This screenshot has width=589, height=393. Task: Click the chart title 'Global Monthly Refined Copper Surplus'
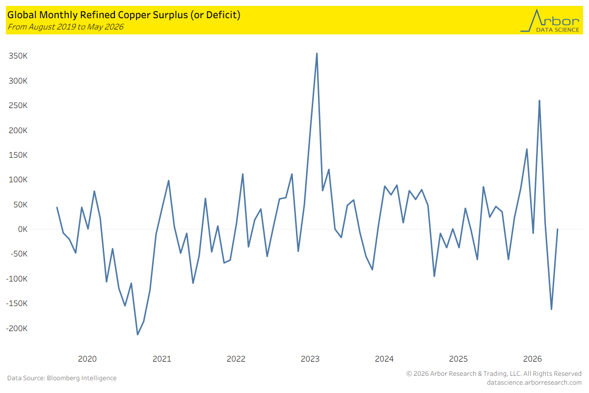pos(98,15)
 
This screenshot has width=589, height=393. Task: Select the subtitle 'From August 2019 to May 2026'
pos(65,27)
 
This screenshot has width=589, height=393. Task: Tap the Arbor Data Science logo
pos(550,21)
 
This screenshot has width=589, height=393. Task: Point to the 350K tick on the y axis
pos(18,56)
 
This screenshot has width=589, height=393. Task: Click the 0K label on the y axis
pos(23,229)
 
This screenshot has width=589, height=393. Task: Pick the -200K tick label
pos(17,328)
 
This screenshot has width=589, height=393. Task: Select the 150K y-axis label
pos(18,155)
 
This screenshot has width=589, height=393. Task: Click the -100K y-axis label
pos(17,279)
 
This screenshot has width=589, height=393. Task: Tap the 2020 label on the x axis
pos(87,359)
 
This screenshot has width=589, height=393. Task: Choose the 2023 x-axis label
pos(310,359)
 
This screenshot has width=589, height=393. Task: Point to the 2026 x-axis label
pos(533,359)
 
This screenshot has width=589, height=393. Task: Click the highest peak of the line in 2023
pos(317,54)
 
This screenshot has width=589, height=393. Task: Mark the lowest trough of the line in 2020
pos(137,335)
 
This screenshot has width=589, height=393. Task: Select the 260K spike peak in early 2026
pos(539,101)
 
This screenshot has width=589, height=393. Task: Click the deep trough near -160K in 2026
pos(551,309)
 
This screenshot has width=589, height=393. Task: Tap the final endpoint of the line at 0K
pos(558,229)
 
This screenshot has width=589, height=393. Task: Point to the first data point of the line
pos(57,207)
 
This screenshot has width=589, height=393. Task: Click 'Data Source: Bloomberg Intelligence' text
pos(62,378)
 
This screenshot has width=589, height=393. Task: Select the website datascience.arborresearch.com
pos(534,383)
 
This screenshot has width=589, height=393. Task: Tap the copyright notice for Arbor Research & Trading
pos(494,373)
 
